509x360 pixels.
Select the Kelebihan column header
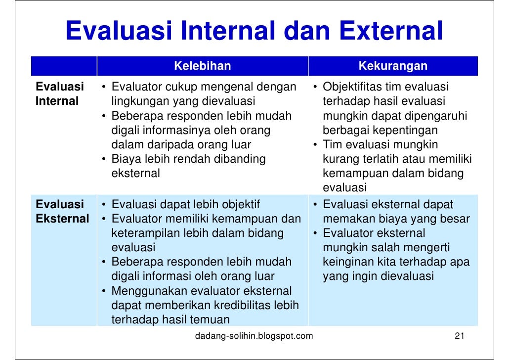[x=203, y=66]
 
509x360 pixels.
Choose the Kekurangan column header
[x=393, y=66]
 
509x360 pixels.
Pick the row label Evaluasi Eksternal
[x=62, y=212]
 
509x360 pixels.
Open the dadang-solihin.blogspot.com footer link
[x=254, y=337]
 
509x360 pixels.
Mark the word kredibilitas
[x=235, y=306]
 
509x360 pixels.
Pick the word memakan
[x=344, y=219]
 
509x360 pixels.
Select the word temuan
[x=212, y=320]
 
